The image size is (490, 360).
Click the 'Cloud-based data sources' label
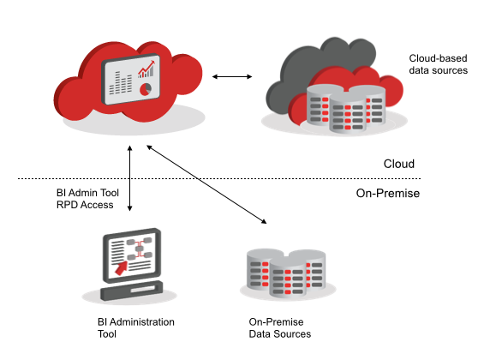[438, 64]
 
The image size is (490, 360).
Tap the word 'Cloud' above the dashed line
[398, 164]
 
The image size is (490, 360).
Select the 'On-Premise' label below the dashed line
[388, 193]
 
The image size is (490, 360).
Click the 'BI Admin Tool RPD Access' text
[87, 199]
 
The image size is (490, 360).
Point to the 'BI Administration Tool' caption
[136, 327]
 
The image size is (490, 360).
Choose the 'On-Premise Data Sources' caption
[279, 327]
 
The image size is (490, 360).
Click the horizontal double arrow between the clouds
[232, 76]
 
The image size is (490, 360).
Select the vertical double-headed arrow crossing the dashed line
[129, 178]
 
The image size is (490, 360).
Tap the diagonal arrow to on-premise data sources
[206, 184]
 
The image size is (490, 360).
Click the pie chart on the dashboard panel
[146, 89]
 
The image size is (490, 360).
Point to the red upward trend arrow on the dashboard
[146, 69]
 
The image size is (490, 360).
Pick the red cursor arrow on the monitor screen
[122, 267]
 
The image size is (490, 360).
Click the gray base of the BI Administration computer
[132, 291]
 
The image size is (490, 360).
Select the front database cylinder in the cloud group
[348, 112]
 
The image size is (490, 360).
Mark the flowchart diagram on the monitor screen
[140, 249]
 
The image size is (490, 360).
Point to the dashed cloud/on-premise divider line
[219, 178]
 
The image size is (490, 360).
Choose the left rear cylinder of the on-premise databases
[258, 268]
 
